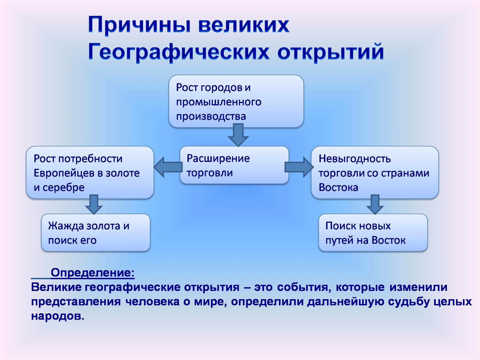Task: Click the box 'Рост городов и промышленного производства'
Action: pyautogui.click(x=236, y=101)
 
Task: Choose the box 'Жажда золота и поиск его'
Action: pyautogui.click(x=95, y=233)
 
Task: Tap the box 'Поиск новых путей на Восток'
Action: pyautogui.click(x=373, y=233)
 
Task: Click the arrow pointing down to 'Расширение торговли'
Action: pyautogui.click(x=238, y=135)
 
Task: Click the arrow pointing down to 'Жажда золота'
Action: pyautogui.click(x=94, y=204)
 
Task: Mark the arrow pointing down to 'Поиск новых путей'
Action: pyautogui.click(x=375, y=204)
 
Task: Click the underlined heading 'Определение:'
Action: pyautogui.click(x=93, y=273)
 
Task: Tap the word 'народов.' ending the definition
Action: pyautogui.click(x=58, y=316)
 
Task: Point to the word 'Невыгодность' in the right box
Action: pyautogui.click(x=355, y=159)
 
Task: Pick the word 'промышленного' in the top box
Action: pyautogui.click(x=219, y=102)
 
